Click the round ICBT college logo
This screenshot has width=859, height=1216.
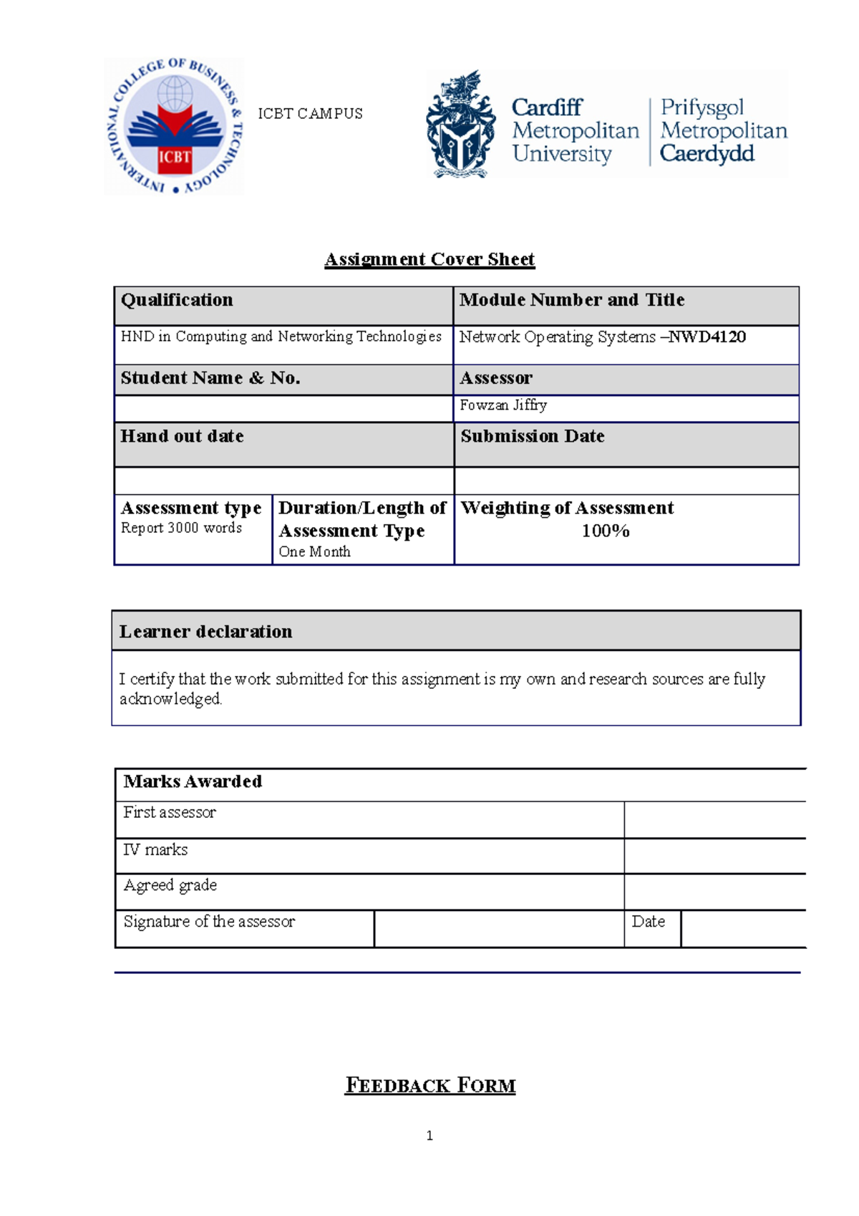[175, 126]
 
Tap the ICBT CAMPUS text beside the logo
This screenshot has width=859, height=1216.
[310, 114]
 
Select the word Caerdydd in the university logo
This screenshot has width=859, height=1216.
[707, 154]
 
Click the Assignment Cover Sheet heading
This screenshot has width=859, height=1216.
[429, 259]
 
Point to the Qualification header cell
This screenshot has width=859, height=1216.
[177, 300]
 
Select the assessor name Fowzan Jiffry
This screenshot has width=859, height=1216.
[503, 405]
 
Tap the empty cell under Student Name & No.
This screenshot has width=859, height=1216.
[283, 409]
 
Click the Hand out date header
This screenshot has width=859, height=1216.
[182, 436]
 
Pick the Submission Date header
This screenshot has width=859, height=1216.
[533, 436]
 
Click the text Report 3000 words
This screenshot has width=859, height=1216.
[181, 528]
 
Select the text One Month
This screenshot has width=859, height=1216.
[314, 551]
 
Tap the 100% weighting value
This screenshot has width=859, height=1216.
[605, 531]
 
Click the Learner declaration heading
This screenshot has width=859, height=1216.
[205, 632]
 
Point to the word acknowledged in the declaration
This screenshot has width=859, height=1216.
[170, 699]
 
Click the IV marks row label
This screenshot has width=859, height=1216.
[155, 850]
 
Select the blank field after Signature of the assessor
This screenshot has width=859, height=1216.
[498, 929]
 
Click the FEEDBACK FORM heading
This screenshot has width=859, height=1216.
[429, 1086]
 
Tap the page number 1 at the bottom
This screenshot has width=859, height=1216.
[429, 1136]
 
